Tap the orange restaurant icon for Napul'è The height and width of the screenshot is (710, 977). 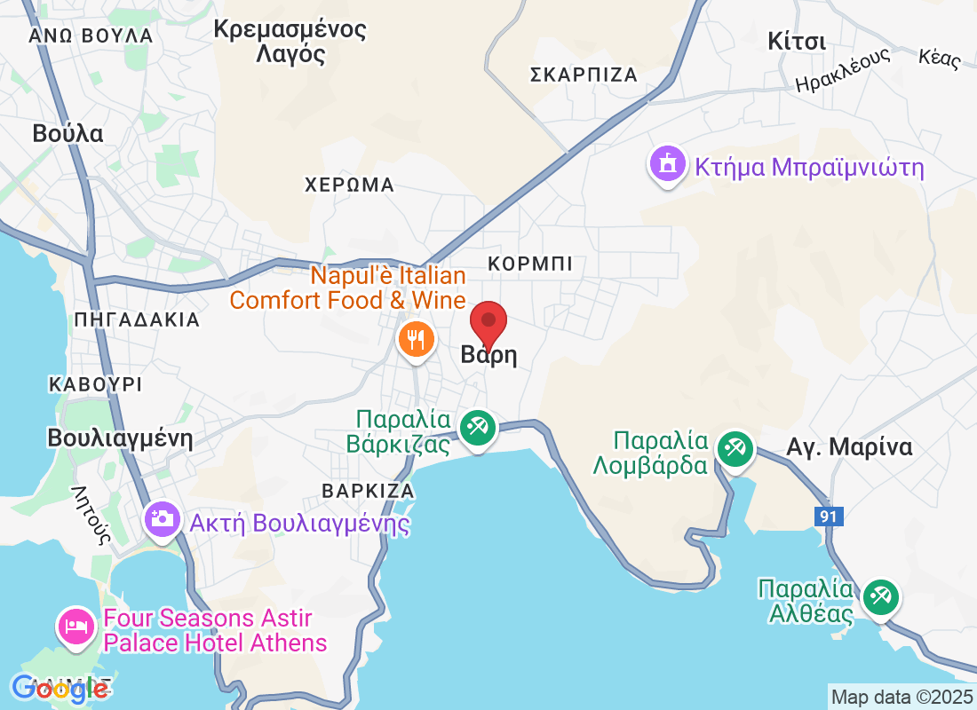coord(415,338)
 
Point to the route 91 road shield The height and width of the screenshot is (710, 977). coord(828,517)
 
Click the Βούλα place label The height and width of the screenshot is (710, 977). coord(68,134)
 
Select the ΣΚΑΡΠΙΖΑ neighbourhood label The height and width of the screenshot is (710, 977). coord(584,75)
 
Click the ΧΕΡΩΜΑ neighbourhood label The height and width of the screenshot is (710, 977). coord(349,185)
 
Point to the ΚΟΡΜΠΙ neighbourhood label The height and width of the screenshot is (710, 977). coord(530,264)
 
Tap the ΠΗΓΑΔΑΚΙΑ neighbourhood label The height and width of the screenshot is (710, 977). coord(138,319)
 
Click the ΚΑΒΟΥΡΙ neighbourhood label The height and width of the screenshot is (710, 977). coord(96,384)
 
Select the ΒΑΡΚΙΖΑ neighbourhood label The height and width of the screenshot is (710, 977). coord(368,491)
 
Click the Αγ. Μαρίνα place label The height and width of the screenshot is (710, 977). coord(849,446)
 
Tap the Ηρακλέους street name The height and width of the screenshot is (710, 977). coord(842,71)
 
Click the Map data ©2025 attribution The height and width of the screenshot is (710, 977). coord(902,696)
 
